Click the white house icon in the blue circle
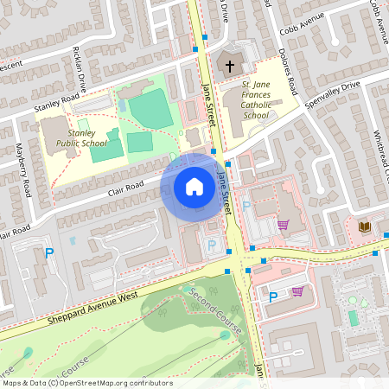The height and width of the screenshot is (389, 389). pyautogui.click(x=194, y=187)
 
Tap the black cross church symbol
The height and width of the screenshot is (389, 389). pyautogui.click(x=231, y=66)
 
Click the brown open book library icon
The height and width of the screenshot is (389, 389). pyautogui.click(x=365, y=227)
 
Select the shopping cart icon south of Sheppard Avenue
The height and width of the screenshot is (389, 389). pyautogui.click(x=297, y=291)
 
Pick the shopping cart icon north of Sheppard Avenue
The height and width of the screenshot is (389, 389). pyautogui.click(x=283, y=225)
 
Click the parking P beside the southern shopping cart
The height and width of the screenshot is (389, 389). pyautogui.click(x=273, y=297)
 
